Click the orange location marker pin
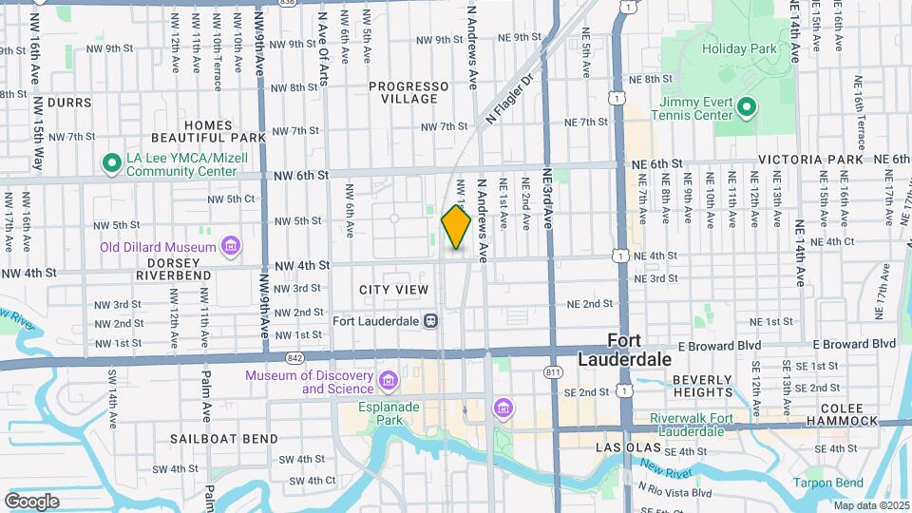[456, 227]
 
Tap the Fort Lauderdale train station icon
[431, 320]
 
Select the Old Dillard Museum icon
[230, 248]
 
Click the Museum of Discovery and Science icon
[387, 382]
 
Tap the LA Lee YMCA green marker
[111, 163]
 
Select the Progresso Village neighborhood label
[409, 92]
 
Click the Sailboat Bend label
[224, 439]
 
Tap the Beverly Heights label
[702, 385]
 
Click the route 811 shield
[552, 371]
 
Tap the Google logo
[31, 501]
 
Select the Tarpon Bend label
[828, 482]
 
